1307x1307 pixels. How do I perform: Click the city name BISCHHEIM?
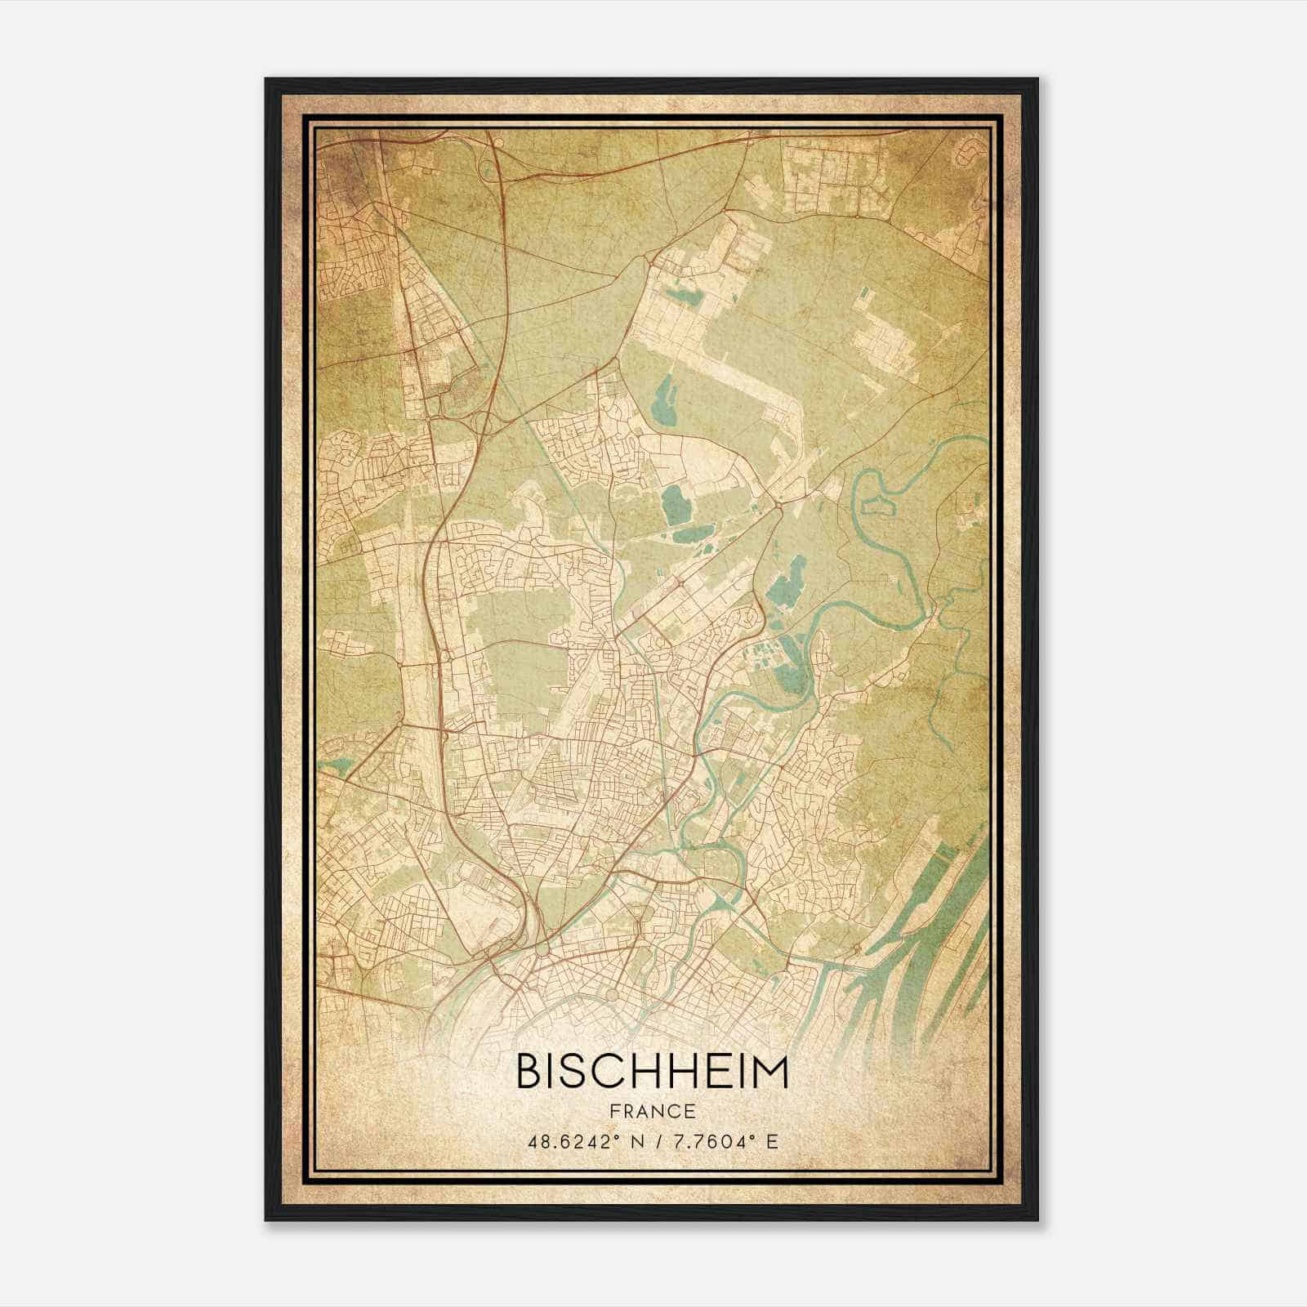(652, 1072)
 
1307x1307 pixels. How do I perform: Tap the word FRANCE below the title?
(652, 1111)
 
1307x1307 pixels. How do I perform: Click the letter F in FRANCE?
(614, 1111)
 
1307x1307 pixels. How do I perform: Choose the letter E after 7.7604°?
(773, 1142)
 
